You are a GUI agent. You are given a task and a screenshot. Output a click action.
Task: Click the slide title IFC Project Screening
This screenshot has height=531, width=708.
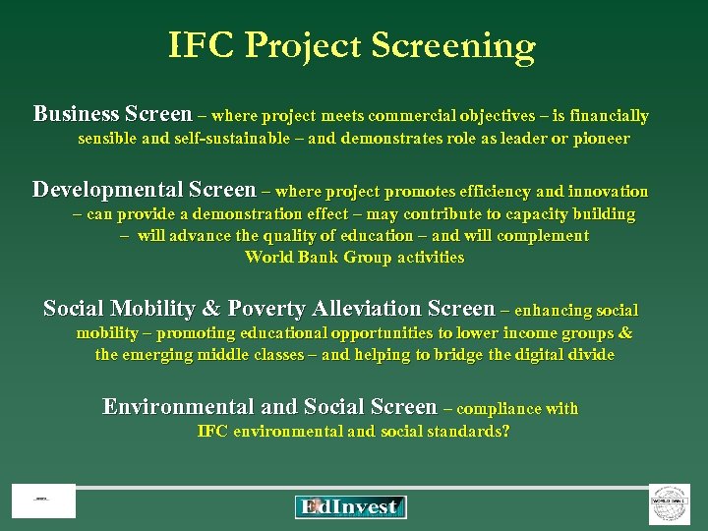click(x=352, y=45)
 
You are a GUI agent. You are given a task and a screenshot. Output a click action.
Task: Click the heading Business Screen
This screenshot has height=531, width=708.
click(x=112, y=114)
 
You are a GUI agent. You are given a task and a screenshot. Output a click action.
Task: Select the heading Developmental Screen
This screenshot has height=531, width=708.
click(x=144, y=190)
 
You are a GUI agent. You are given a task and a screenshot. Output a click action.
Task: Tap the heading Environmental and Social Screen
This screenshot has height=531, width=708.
click(x=269, y=407)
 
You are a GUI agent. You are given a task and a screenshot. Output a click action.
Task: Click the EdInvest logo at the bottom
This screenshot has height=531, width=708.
click(x=350, y=507)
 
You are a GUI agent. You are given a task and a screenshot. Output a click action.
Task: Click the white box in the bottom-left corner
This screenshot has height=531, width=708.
click(x=43, y=501)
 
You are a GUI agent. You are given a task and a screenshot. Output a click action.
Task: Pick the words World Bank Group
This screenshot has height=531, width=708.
click(x=317, y=258)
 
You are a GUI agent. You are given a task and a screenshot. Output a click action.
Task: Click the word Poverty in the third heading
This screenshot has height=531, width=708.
click(x=266, y=308)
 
